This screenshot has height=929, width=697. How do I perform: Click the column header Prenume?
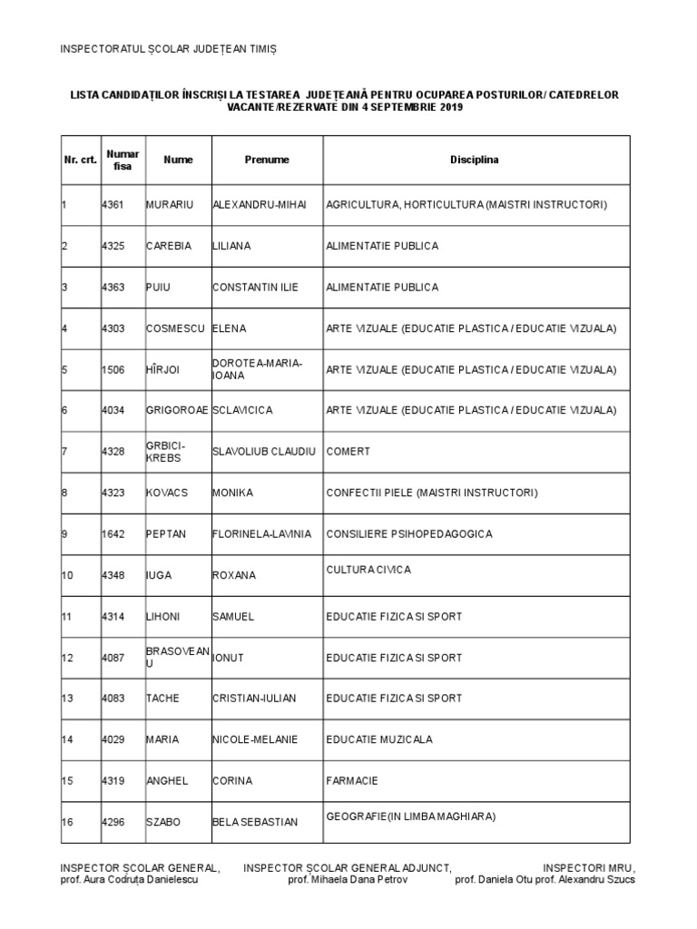point(267,160)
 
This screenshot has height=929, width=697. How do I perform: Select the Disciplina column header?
point(475,160)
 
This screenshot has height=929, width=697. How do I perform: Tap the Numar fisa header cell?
point(123,160)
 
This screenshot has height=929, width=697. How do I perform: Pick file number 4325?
point(114,246)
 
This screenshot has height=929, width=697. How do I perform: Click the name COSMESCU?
point(175,328)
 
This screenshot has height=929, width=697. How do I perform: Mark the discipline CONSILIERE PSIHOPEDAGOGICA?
point(409,534)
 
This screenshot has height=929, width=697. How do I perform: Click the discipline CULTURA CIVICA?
point(368,570)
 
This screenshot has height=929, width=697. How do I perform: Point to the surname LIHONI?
point(163,617)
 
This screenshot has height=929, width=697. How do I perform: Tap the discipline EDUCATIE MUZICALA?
point(379,739)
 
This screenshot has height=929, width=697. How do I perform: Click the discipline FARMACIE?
point(352,781)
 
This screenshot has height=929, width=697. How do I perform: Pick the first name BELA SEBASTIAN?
point(255,822)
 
